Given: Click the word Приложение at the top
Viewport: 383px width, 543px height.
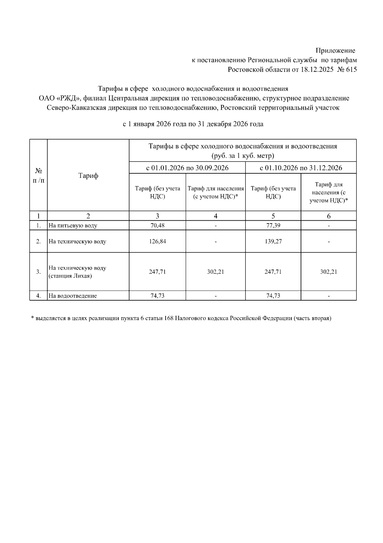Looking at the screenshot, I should click(335, 51).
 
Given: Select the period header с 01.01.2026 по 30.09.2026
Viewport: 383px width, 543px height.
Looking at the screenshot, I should click(187, 168).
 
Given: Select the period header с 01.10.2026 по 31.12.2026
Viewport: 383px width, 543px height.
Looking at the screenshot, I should click(301, 168).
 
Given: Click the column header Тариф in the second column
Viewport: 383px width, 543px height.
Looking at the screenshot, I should click(88, 176).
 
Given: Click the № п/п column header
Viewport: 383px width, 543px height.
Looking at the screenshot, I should click(38, 176).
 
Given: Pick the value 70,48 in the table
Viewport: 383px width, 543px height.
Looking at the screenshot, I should click(157, 225).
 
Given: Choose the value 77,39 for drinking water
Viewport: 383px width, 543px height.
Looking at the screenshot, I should click(273, 225).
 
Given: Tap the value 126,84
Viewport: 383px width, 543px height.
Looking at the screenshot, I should click(157, 241).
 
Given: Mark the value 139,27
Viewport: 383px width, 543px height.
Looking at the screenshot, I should click(273, 241).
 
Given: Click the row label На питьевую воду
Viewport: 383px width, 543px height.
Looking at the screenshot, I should click(73, 225).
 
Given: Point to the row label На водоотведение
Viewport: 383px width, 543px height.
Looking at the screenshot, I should click(72, 296).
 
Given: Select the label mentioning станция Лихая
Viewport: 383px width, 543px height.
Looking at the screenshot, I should click(70, 276).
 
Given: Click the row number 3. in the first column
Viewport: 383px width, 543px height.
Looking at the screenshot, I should click(38, 272).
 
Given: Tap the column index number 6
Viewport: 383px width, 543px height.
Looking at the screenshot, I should click(328, 216).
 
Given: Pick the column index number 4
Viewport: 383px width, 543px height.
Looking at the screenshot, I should click(215, 216).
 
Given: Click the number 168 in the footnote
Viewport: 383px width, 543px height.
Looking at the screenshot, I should click(169, 319).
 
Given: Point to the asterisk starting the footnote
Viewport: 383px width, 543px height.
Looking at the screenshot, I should click(33, 318).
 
